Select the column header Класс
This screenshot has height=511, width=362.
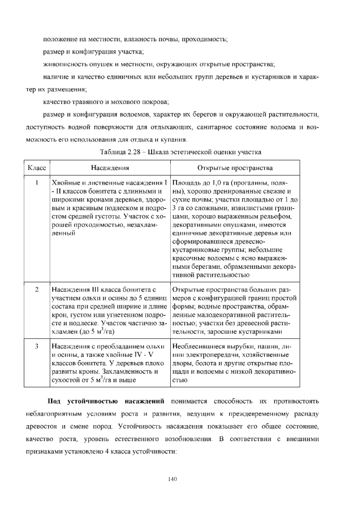tap(36, 168)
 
